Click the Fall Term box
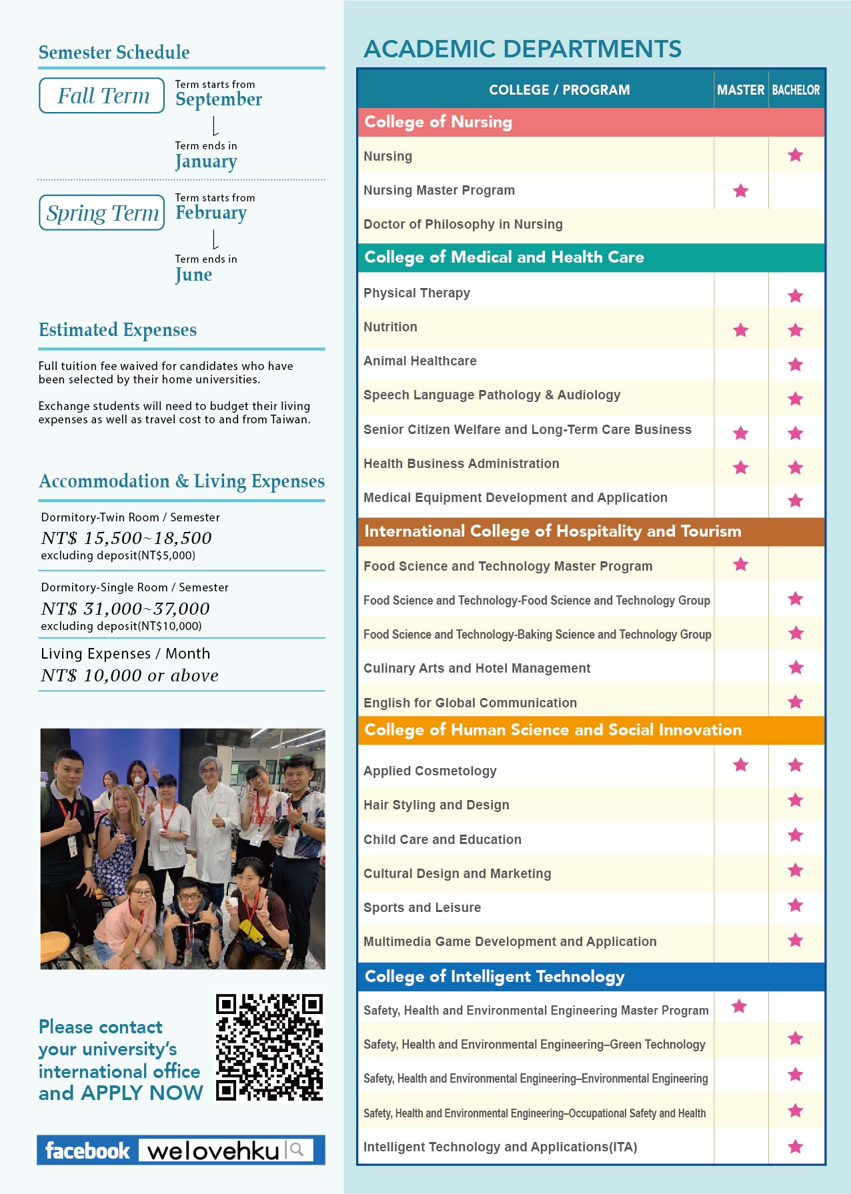tap(102, 96)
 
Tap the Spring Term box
tap(102, 213)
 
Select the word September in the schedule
tap(219, 99)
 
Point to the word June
tap(193, 275)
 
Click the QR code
tap(269, 1047)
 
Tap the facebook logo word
tap(87, 1150)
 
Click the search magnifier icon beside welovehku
tap(297, 1149)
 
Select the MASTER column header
tap(740, 89)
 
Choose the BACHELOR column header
tap(796, 89)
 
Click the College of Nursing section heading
tap(438, 122)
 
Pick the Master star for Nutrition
tap(740, 330)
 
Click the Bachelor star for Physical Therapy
tap(795, 295)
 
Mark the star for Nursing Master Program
tap(740, 191)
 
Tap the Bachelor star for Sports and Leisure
tap(795, 905)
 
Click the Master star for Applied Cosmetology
tap(740, 765)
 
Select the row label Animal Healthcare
tap(419, 361)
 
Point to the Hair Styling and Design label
tap(436, 805)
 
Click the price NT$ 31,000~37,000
tap(125, 609)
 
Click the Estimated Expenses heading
tap(117, 330)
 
